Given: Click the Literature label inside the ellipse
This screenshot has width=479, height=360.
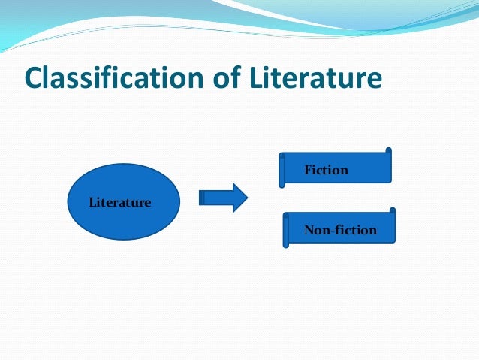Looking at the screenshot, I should pos(120,202).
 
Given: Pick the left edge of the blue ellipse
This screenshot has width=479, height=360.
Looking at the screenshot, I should pos(68,202).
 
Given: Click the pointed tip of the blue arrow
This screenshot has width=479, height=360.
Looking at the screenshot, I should pos(246,198).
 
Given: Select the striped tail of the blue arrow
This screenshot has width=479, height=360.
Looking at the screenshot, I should pos(202,198).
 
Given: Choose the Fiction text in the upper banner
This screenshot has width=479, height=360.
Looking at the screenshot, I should pos(326,171).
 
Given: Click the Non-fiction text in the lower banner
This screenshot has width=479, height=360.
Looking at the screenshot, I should pos(340,230).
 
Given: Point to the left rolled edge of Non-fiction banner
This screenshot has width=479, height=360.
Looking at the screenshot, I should pos(286,231).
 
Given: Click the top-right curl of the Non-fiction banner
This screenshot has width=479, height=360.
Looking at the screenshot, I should pos(392,211).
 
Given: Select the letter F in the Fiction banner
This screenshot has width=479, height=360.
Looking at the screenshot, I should pos(308,171).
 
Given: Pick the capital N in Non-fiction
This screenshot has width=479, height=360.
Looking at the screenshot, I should pos(309,230).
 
